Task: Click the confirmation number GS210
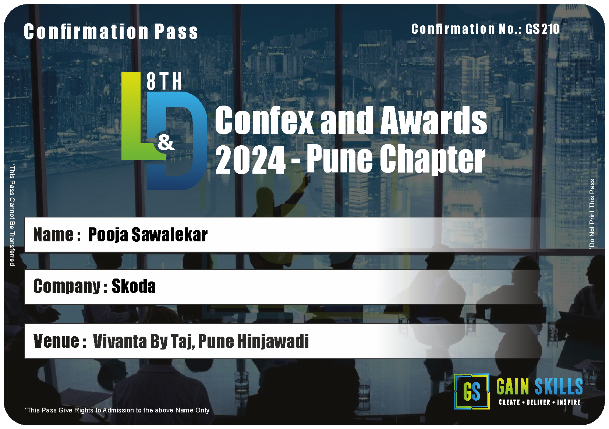point(542,29)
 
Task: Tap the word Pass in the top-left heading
point(176,32)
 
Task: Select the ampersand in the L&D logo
point(166,143)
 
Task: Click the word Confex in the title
point(264,120)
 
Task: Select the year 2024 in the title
point(250,159)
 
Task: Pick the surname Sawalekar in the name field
point(169,234)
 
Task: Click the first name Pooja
point(108,235)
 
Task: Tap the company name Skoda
point(134,286)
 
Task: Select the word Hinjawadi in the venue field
point(273,341)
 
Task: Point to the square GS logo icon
point(471,391)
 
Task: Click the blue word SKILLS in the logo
point(559,386)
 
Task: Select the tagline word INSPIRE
point(569,402)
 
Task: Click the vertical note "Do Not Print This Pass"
point(592,214)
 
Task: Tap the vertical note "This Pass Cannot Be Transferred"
point(12,214)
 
